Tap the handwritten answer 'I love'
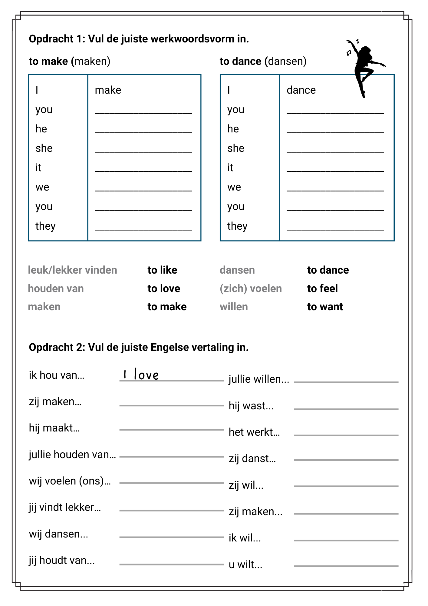coord(141,375)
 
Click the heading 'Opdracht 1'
coord(139,39)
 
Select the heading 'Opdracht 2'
coord(138,347)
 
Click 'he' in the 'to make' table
coord(41,129)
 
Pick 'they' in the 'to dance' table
coord(237,226)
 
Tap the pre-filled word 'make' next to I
coord(108,90)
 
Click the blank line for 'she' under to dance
coord(335,151)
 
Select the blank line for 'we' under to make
coord(143,190)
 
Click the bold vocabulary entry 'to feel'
coord(322,288)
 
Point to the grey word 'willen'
coord(234,307)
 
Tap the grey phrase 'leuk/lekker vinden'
coord(72,270)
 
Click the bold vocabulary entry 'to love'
coord(164,288)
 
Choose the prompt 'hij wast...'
coord(251,406)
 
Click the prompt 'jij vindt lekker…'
coord(65,507)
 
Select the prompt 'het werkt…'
coord(254,432)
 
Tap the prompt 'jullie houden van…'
coord(72,454)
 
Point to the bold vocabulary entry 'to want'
coord(325,307)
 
